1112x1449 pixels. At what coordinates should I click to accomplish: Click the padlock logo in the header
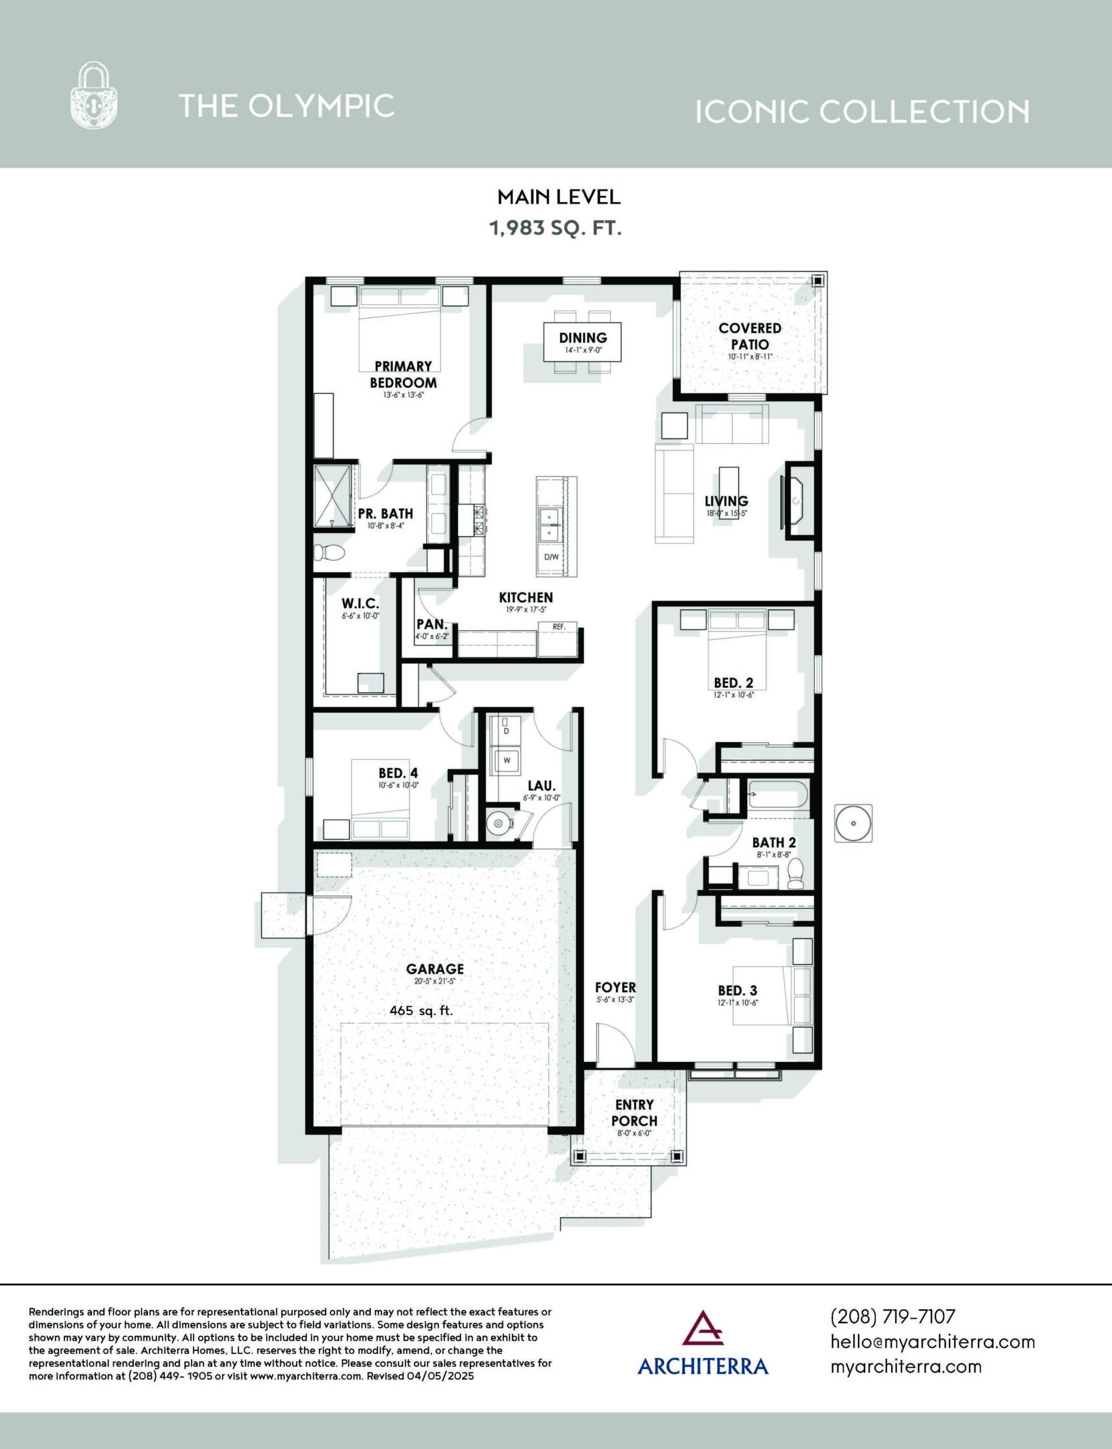pyautogui.click(x=94, y=95)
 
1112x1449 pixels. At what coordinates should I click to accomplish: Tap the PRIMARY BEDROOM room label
pyautogui.click(x=403, y=375)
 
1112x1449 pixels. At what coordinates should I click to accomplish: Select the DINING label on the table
pyautogui.click(x=583, y=337)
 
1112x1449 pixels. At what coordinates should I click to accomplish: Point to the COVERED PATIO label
pyautogui.click(x=750, y=336)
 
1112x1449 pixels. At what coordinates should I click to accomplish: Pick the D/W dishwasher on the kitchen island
pyautogui.click(x=551, y=557)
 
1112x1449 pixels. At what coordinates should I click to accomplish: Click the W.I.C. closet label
pyautogui.click(x=360, y=603)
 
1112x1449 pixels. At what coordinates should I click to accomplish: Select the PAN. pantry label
pyautogui.click(x=431, y=624)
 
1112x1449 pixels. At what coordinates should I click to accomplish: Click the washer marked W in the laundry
pyautogui.click(x=506, y=760)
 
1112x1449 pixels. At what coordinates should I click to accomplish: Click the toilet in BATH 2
pyautogui.click(x=795, y=873)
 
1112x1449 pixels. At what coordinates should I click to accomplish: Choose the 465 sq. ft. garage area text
pyautogui.click(x=422, y=1010)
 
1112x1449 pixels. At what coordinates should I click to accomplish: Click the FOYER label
pyautogui.click(x=615, y=987)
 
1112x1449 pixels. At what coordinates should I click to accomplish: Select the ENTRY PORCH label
pyautogui.click(x=634, y=1112)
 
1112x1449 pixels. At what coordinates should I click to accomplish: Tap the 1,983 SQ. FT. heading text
pyautogui.click(x=555, y=228)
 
